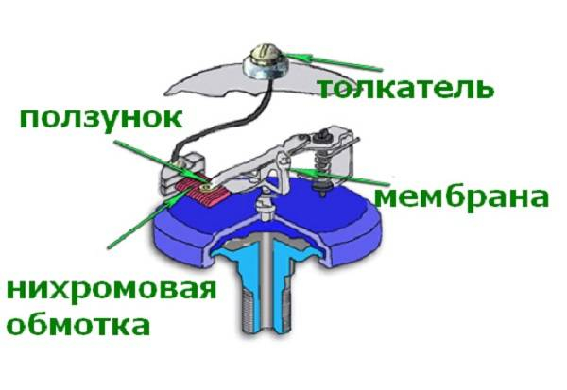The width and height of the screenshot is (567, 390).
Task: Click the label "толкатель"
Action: pyautogui.click(x=405, y=89)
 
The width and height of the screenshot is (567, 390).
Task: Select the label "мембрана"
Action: pyautogui.click(x=462, y=197)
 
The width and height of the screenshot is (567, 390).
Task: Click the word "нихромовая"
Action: pyautogui.click(x=112, y=288)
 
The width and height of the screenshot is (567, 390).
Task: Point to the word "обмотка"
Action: pyautogui.click(x=78, y=324)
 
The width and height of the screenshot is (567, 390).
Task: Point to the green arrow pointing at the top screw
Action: pyautogui.click(x=334, y=62)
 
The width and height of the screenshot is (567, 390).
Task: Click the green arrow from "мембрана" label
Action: pyautogui.click(x=339, y=176)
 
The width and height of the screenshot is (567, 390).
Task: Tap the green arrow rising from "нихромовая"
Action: pyautogui.click(x=151, y=217)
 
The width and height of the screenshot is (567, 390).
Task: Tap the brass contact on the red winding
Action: pyautogui.click(x=208, y=187)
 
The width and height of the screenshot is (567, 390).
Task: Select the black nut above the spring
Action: pyautogui.click(x=321, y=138)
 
